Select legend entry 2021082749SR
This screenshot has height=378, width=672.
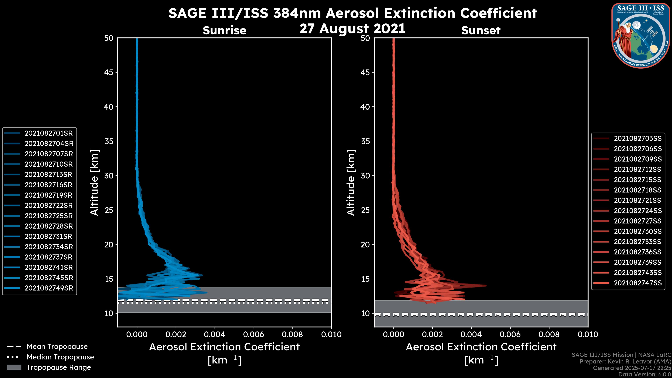49,288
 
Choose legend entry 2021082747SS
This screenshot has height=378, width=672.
638,283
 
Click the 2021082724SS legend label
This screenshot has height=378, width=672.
638,211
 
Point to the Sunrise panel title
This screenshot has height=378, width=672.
224,30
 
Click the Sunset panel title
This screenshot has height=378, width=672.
481,30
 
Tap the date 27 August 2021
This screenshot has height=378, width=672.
352,28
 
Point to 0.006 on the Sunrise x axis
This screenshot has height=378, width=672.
254,334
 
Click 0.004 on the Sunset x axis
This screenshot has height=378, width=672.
471,334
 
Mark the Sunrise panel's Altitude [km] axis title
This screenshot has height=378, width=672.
94,182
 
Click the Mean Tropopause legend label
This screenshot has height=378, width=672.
57,347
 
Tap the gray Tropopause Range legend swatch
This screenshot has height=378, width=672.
14,367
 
